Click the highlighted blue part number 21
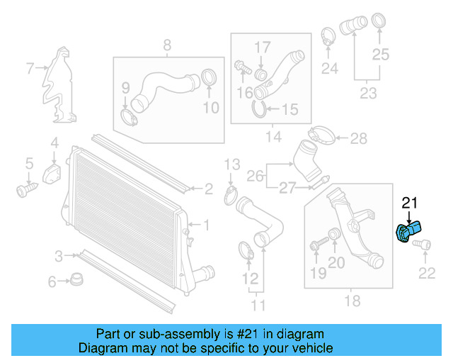(410, 232)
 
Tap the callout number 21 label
(411, 204)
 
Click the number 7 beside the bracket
(30, 69)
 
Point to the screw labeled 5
(26, 189)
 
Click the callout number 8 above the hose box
(168, 46)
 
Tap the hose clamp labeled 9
(129, 114)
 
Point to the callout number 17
(263, 48)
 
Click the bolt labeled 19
(316, 245)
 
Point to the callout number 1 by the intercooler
(206, 225)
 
